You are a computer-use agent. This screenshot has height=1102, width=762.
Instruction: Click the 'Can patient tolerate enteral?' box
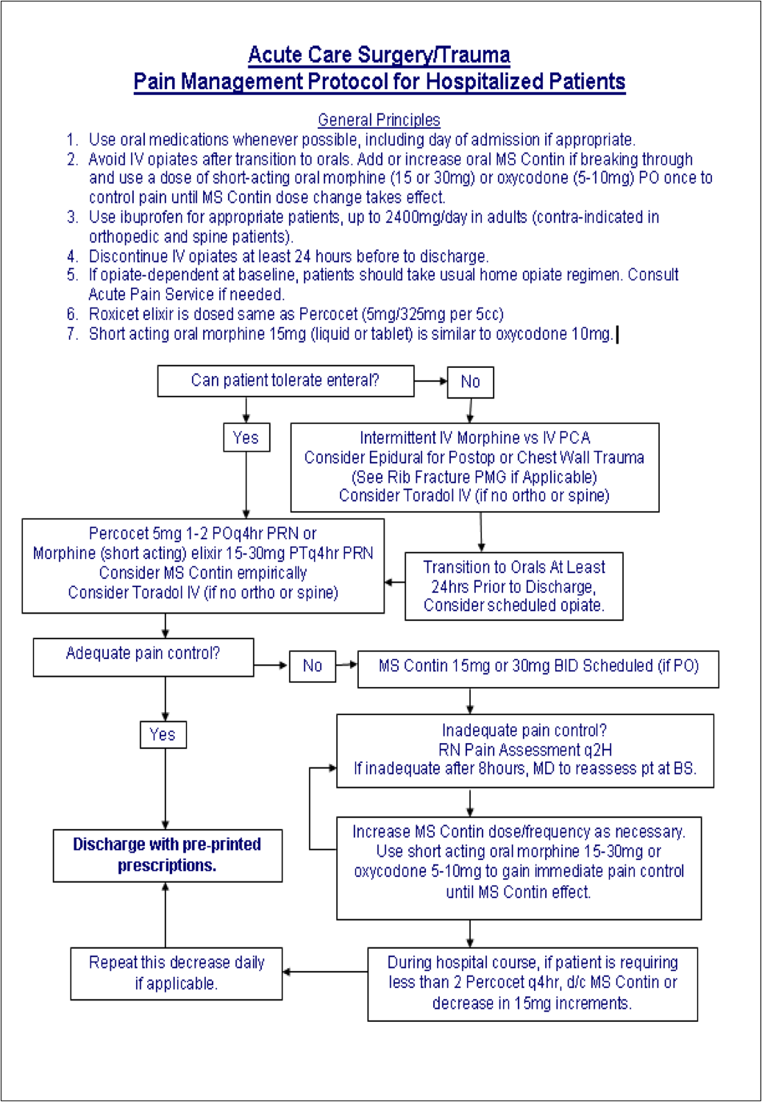(285, 381)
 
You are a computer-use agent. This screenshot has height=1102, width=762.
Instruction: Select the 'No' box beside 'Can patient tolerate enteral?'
(470, 382)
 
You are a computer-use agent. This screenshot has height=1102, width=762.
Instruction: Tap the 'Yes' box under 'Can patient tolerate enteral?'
(246, 438)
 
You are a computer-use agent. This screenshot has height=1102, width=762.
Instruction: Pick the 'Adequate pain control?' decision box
(143, 656)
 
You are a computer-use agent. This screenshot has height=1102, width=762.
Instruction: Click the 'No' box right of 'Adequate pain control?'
(312, 666)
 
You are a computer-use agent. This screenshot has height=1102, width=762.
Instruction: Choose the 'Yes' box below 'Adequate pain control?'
(163, 734)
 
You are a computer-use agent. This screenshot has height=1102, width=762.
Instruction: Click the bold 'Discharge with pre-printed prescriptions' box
(167, 855)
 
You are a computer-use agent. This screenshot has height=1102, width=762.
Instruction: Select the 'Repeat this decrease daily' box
(176, 973)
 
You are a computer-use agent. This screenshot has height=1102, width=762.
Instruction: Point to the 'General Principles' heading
(379, 120)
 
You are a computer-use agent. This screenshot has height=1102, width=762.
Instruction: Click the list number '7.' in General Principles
(72, 334)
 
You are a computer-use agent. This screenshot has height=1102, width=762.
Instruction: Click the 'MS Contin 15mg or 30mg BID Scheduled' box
(538, 666)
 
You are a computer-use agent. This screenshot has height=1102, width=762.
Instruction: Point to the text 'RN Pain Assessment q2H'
(524, 750)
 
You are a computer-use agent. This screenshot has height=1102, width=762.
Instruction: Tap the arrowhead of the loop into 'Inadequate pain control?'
(332, 768)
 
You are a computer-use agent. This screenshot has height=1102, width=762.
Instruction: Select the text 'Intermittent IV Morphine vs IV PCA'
(474, 438)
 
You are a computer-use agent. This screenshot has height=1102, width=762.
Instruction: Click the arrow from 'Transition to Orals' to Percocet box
(394, 583)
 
